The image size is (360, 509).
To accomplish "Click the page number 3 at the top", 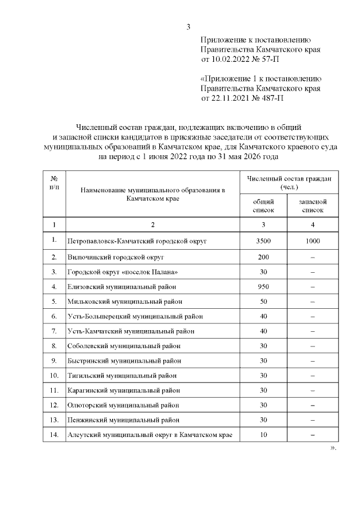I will coord(188,27).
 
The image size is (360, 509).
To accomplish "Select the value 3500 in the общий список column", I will coord(263,241).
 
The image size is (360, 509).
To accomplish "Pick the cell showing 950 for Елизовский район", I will coord(263,286).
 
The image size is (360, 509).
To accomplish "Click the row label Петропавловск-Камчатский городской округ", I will coord(137,241).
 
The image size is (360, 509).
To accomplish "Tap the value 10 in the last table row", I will coord(263,435).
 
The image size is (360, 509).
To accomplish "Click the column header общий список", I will coord(263,205).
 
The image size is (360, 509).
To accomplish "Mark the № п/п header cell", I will coord(54,182).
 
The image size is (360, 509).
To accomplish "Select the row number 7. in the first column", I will coord(54,331).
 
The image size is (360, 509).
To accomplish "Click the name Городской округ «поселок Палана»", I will coord(122,272).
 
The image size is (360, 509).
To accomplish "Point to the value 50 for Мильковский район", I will coord(263,301).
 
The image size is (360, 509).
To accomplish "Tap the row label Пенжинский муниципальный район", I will coord(123,420).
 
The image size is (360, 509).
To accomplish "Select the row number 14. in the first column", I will coord(54,435).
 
